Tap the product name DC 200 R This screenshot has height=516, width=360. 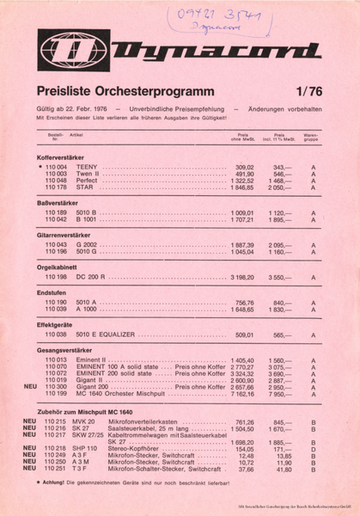click(x=91, y=278)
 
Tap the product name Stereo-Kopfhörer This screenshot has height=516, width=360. click(x=131, y=449)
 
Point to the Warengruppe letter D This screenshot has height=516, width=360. click(x=314, y=449)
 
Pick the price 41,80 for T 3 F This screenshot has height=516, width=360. click(x=282, y=470)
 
